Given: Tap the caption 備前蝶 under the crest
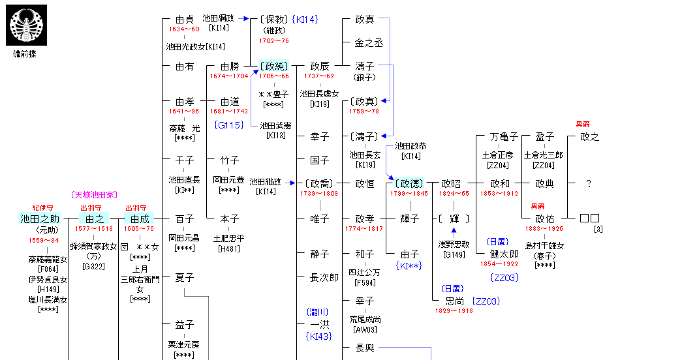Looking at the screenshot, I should pyautogui.click(x=25, y=54).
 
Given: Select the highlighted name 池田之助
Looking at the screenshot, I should pyautogui.click(x=40, y=219).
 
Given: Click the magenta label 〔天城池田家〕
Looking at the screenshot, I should pyautogui.click(x=94, y=195).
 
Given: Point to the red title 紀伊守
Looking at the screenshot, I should pyautogui.click(x=43, y=208).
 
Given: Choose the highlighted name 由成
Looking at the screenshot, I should pyautogui.click(x=140, y=219).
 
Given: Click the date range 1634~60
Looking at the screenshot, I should pyautogui.click(x=184, y=29).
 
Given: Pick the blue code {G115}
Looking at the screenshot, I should pyautogui.click(x=228, y=125).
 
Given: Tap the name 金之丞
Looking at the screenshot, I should pyautogui.click(x=369, y=43).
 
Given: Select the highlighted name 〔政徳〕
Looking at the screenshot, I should pyautogui.click(x=409, y=184).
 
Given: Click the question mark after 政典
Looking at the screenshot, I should pyautogui.click(x=588, y=184).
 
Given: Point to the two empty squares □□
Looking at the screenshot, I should pyautogui.click(x=589, y=218).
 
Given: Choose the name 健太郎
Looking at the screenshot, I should pyautogui.click(x=504, y=254).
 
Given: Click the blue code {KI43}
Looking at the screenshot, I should pyautogui.click(x=319, y=337).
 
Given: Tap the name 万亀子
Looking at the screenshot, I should pyautogui.click(x=504, y=137).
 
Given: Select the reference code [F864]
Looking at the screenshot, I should pyautogui.click(x=48, y=268).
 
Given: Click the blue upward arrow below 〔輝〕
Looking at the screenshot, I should pyautogui.click(x=454, y=230).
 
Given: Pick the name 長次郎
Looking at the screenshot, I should pyautogui.click(x=324, y=278).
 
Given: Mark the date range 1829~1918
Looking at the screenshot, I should pyautogui.click(x=454, y=311).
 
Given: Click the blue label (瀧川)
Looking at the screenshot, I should pyautogui.click(x=319, y=312).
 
